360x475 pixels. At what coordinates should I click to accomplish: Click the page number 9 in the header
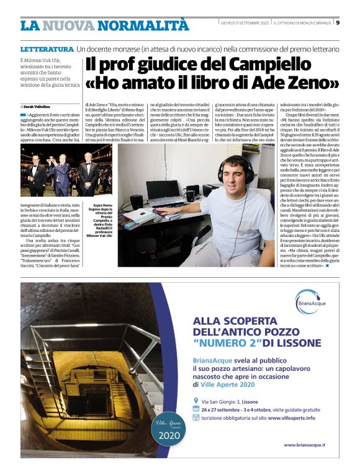tap(348, 24)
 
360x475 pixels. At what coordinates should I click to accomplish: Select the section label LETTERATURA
tap(47, 49)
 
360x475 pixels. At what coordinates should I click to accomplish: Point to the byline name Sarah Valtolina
tap(37, 107)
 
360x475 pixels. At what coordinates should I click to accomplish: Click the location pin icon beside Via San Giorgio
tap(196, 384)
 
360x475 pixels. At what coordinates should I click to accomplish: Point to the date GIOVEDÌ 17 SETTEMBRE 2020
tap(245, 24)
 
